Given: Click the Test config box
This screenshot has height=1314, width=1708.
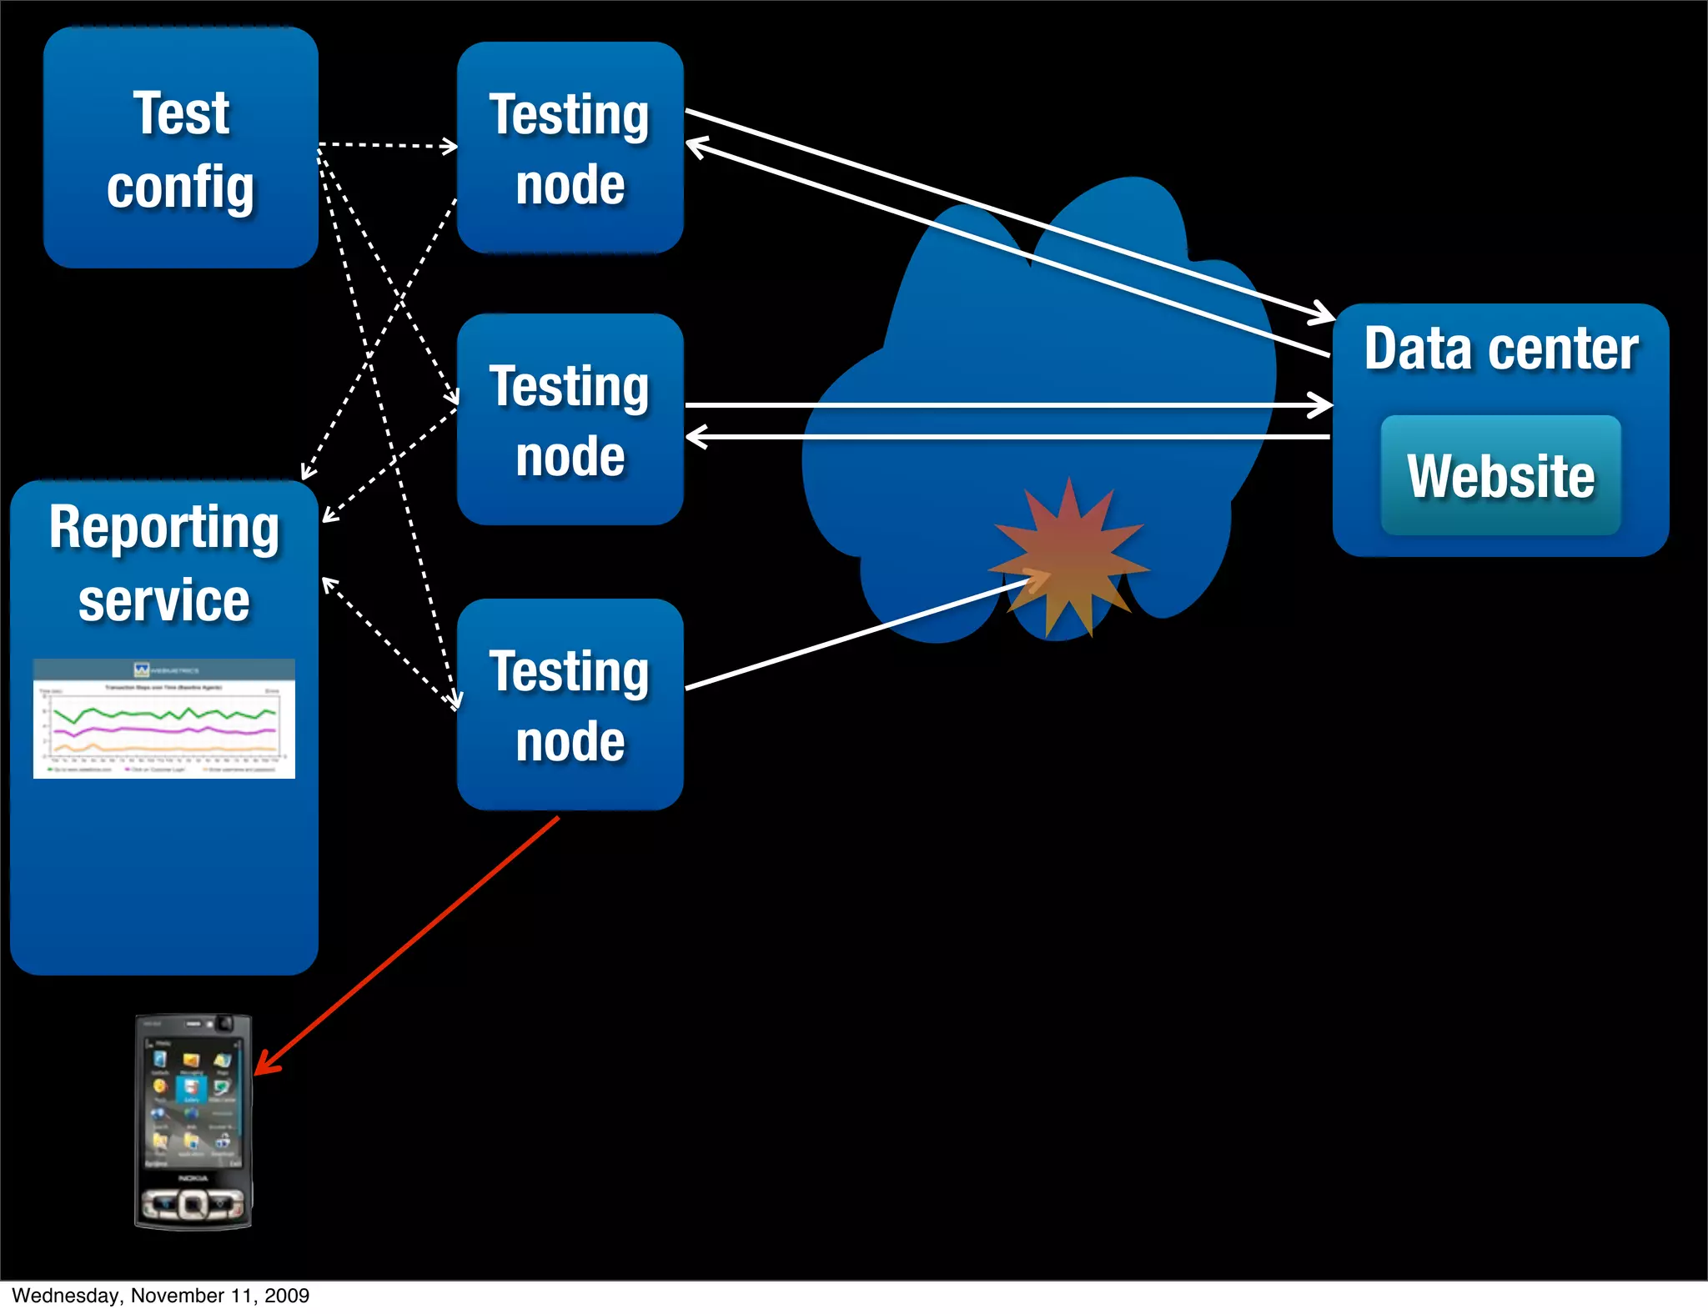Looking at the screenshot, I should pyautogui.click(x=180, y=148).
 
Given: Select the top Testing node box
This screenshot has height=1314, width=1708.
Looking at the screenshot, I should pyautogui.click(x=570, y=148).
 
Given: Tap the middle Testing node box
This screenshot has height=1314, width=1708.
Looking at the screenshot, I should pyautogui.click(x=570, y=419).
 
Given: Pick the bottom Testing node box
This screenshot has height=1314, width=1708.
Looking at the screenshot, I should pyautogui.click(x=570, y=705).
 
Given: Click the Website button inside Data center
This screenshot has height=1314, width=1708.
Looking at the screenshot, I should pyautogui.click(x=1500, y=475).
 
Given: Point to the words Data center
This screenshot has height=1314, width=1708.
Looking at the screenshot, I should pyautogui.click(x=1500, y=349).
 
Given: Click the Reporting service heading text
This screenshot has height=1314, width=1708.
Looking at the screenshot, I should pyautogui.click(x=164, y=563).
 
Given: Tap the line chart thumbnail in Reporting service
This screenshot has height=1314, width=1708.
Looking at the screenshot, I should pyautogui.click(x=164, y=719).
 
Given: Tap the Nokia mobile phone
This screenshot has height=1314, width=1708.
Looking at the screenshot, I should pyautogui.click(x=193, y=1121).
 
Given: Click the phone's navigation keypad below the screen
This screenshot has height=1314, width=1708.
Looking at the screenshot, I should pyautogui.click(x=193, y=1203).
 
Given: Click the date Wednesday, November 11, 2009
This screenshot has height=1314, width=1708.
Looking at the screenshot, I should pyautogui.click(x=161, y=1295).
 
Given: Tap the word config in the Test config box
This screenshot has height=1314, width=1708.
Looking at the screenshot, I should pyautogui.click(x=180, y=187).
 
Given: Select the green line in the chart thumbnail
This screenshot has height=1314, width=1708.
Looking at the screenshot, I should pyautogui.click(x=163, y=713).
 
